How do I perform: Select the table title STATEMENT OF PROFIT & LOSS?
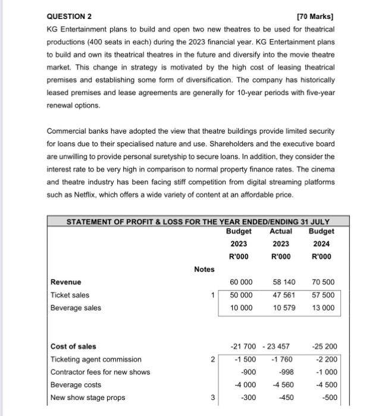[x=197, y=222]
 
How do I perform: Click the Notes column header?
[x=204, y=269]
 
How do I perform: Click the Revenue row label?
[x=67, y=282]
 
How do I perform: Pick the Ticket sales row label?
[x=70, y=295]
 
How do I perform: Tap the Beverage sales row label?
[x=76, y=308]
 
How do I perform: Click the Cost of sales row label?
[x=74, y=346]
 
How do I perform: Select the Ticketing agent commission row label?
[x=96, y=359]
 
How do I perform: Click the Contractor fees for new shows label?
[x=101, y=372]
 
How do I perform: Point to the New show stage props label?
[x=88, y=398]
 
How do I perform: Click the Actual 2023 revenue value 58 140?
[x=281, y=282]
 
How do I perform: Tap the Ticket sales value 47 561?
[x=281, y=295]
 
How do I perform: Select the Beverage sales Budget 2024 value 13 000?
[x=323, y=308]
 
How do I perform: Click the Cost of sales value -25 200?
[x=323, y=346]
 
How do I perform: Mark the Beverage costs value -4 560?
[x=283, y=385]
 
